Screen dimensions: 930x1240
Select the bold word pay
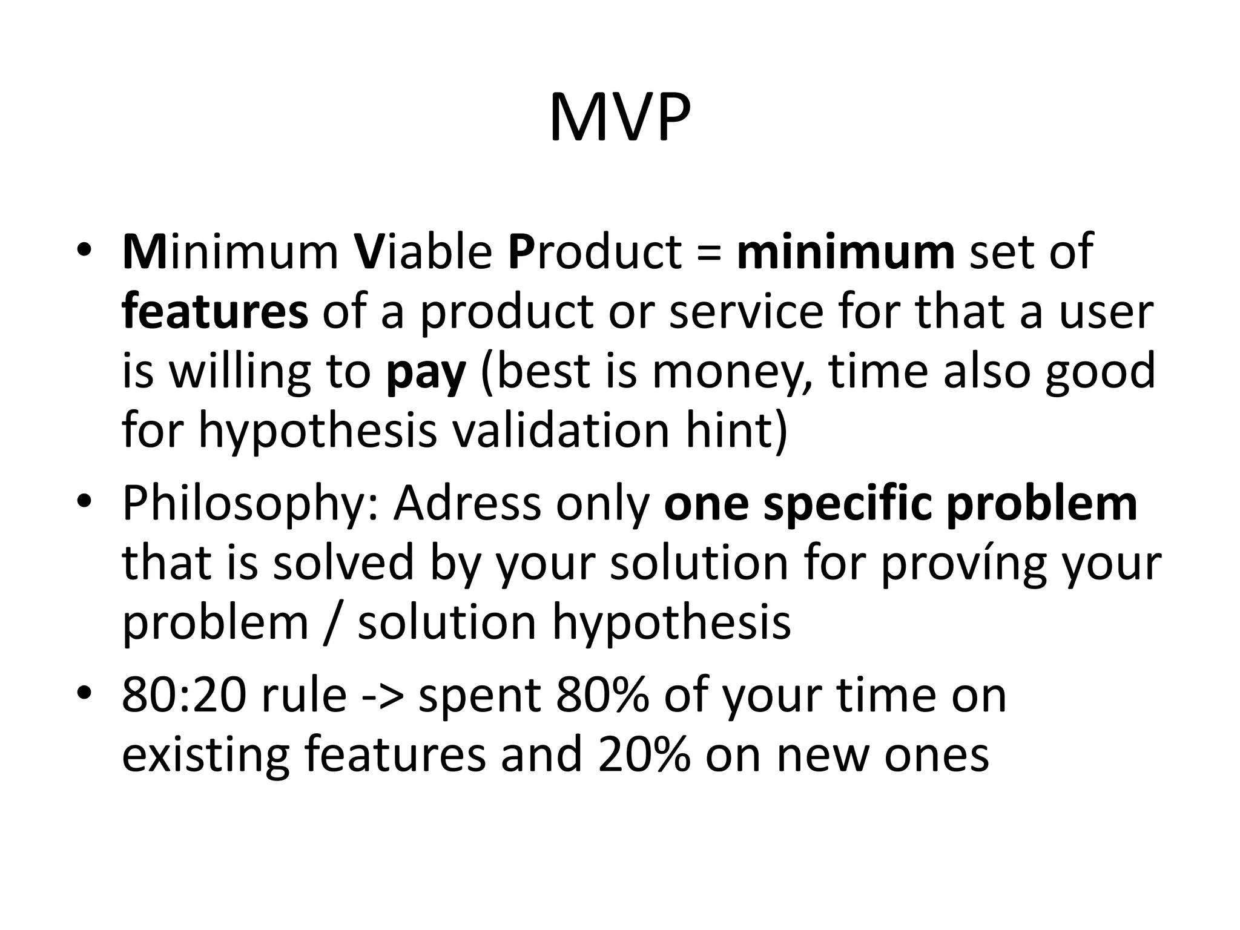[x=426, y=372]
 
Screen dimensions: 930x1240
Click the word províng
[x=963, y=564]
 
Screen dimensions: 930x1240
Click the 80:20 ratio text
[x=184, y=695]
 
